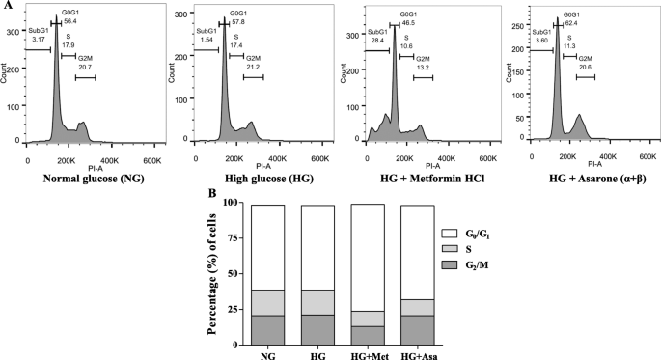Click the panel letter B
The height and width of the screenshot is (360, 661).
click(x=211, y=193)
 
